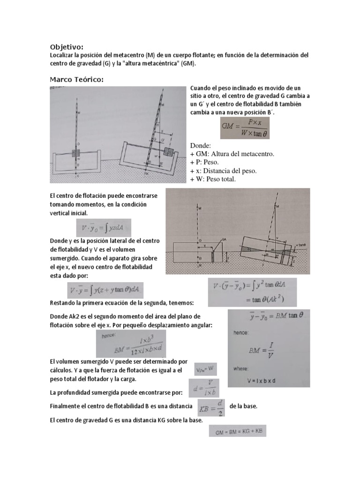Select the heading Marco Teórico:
(x=76, y=79)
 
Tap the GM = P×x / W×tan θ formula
(x=245, y=128)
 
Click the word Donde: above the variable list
(x=201, y=146)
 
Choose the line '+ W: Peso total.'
(x=213, y=179)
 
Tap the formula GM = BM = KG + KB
(x=237, y=434)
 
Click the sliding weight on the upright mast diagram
(x=76, y=154)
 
